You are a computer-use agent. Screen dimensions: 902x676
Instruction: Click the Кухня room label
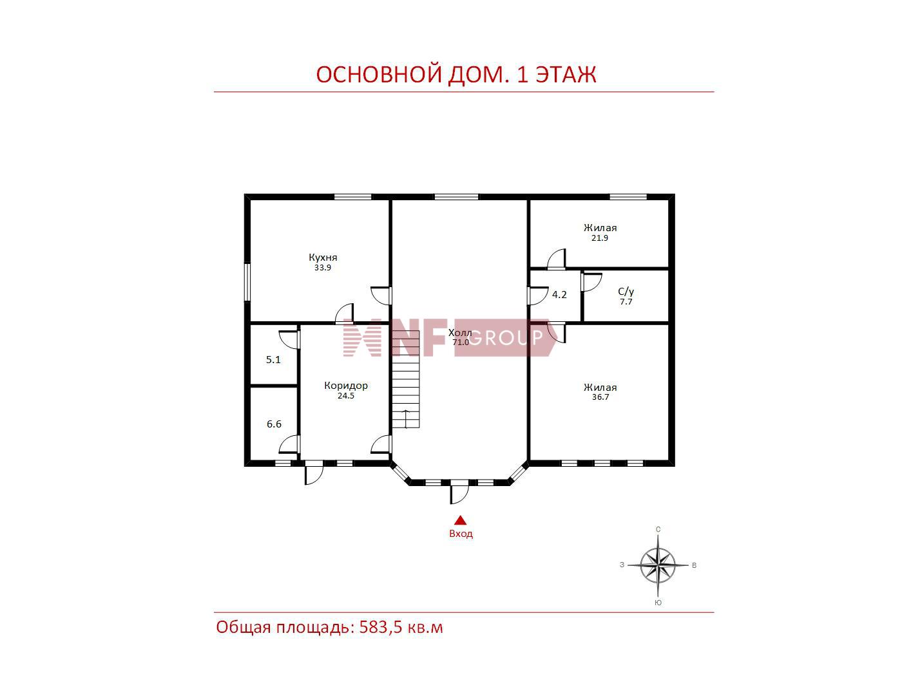click(x=323, y=258)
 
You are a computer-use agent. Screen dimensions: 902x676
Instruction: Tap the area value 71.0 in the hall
click(x=460, y=342)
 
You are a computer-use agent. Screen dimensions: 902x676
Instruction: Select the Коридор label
click(x=345, y=386)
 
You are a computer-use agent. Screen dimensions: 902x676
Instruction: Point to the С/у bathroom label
click(x=626, y=292)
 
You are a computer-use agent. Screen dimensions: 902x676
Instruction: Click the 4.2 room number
click(x=559, y=294)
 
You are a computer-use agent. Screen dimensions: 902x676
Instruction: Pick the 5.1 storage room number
click(x=273, y=359)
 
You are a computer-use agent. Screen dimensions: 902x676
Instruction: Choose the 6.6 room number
click(x=274, y=424)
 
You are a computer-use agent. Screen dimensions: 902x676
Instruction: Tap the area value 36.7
click(x=600, y=397)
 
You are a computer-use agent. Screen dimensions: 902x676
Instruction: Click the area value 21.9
click(x=600, y=238)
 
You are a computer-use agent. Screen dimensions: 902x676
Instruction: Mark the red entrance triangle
click(x=460, y=520)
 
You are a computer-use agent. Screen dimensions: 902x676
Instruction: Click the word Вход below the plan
click(x=461, y=534)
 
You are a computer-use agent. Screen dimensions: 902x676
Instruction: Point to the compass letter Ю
click(x=658, y=603)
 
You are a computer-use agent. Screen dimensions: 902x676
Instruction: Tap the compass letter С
click(x=658, y=529)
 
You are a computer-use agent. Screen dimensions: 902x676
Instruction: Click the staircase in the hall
click(x=406, y=379)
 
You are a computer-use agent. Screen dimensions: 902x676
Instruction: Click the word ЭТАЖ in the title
click(x=566, y=74)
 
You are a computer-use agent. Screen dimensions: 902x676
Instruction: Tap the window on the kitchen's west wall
click(x=247, y=282)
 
